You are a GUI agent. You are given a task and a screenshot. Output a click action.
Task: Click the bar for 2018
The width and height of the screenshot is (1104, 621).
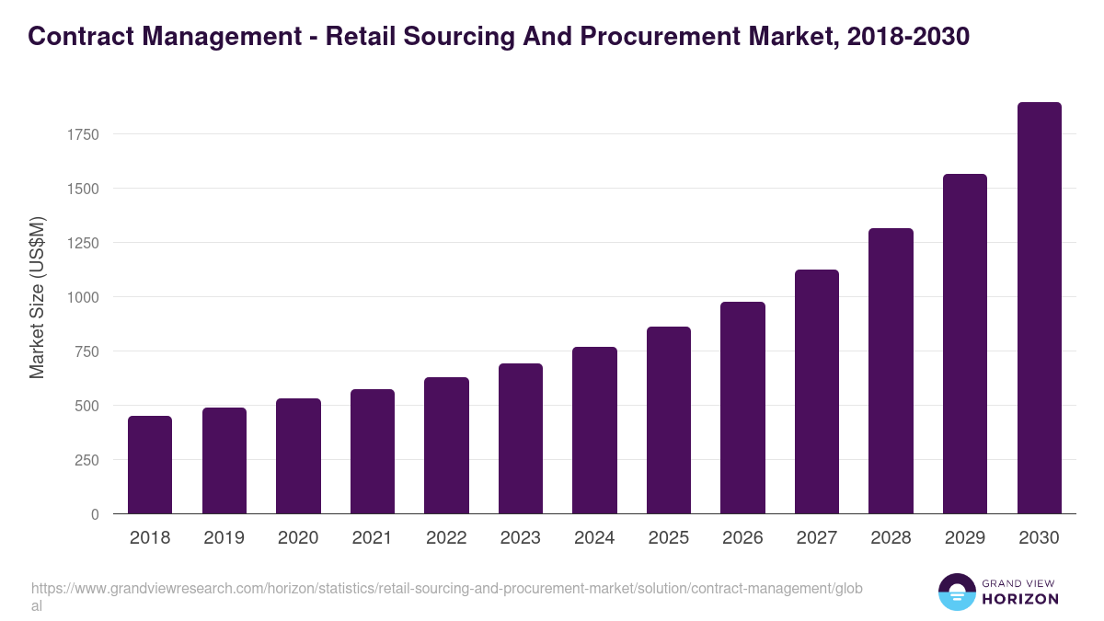point(150,465)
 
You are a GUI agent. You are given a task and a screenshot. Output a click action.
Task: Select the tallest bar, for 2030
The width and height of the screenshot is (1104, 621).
point(1039,308)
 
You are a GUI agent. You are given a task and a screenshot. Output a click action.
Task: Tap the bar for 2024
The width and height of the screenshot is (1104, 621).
point(594,431)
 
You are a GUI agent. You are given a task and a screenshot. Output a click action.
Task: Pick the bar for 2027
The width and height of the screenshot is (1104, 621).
point(817,392)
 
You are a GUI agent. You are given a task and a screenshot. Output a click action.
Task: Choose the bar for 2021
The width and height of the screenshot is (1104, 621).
point(373,452)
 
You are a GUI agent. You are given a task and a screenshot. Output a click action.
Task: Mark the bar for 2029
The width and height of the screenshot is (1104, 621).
point(965,344)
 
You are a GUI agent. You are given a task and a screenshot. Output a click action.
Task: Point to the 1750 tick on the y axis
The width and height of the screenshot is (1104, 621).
point(82,134)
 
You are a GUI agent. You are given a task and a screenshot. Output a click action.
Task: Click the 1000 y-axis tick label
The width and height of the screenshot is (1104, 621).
point(82,297)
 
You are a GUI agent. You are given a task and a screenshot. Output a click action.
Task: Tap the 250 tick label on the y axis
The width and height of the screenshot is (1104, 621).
point(86,460)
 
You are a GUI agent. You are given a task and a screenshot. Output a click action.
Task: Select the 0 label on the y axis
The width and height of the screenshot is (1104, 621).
point(95,514)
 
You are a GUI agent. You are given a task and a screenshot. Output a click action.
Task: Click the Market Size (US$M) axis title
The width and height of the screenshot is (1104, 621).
point(37,297)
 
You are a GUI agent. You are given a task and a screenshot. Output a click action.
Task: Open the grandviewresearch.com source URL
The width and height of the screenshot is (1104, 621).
point(446,588)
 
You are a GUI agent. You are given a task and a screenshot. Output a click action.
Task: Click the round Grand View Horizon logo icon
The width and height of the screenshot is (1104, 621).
point(956,592)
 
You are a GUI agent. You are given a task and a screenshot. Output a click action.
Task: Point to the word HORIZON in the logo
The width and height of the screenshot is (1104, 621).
point(1019,599)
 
